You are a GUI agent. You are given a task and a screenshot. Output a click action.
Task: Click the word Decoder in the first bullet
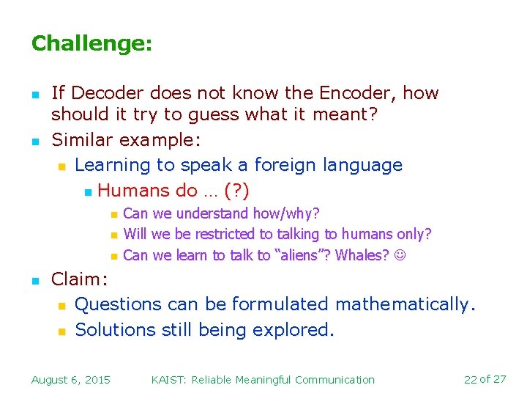tap(109, 93)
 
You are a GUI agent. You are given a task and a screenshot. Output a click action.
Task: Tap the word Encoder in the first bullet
tap(354, 93)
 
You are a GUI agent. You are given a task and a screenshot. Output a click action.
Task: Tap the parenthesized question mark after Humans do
tap(236, 191)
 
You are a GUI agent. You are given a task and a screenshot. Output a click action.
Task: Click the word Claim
tap(77, 279)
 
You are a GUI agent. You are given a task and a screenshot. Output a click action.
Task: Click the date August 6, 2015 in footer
tap(71, 379)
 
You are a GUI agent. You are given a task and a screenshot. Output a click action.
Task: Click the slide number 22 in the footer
tap(470, 379)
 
